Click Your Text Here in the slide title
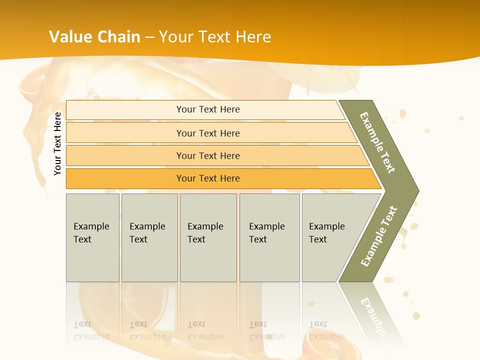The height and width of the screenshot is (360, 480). point(215,37)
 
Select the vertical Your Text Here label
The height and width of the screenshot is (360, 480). point(57,143)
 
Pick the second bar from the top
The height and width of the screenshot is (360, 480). point(208,133)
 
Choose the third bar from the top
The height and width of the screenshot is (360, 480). point(208,155)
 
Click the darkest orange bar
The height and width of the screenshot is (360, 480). point(208,178)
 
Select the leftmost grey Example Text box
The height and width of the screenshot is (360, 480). point(92,237)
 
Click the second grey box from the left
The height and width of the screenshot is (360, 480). point(149,237)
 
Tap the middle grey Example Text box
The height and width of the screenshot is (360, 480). point(208,237)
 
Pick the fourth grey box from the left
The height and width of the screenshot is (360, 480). point(269,237)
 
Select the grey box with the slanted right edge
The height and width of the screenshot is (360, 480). point(330,237)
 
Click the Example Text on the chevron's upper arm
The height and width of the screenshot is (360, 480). point(377,142)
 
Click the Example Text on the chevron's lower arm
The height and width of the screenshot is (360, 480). point(379,236)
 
